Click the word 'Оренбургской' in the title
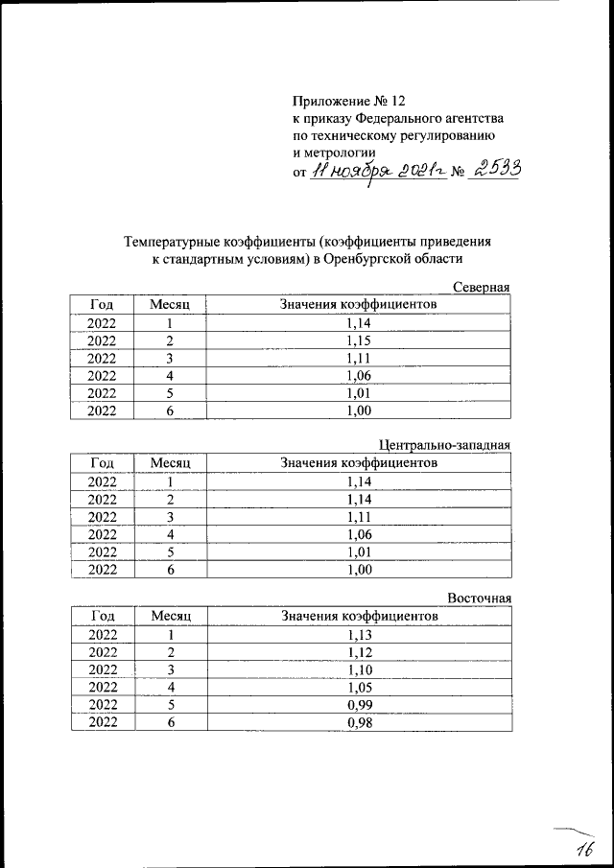(370, 258)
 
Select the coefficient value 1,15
(359, 340)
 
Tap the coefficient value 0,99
(359, 704)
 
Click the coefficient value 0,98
(359, 722)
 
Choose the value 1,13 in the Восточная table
(359, 635)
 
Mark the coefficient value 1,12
(359, 652)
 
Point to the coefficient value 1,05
(359, 687)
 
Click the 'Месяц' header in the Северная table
(171, 304)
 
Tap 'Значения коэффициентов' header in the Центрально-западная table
(359, 462)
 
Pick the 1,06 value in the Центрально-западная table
(359, 533)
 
